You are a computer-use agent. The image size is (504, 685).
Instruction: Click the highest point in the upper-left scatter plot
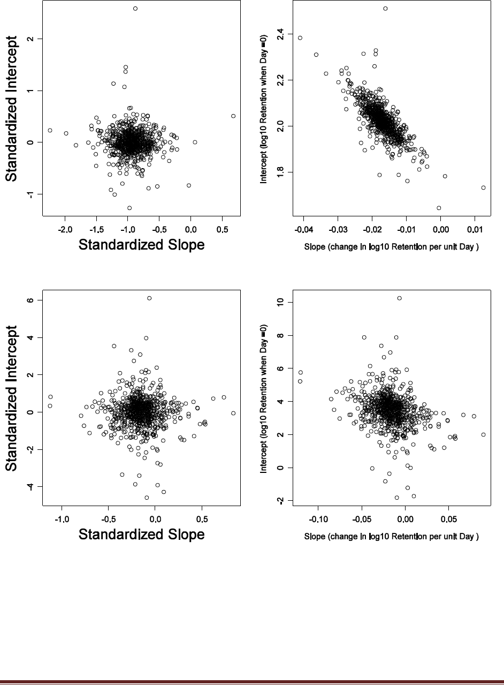coord(135,9)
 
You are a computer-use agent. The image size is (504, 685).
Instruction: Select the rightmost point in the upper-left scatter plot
coord(233,116)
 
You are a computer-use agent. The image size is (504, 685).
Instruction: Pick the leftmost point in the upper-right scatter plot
coord(300,38)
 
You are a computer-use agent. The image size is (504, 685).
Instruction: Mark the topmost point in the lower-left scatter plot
coord(149,298)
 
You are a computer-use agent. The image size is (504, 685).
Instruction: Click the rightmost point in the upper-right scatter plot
coord(483,187)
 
